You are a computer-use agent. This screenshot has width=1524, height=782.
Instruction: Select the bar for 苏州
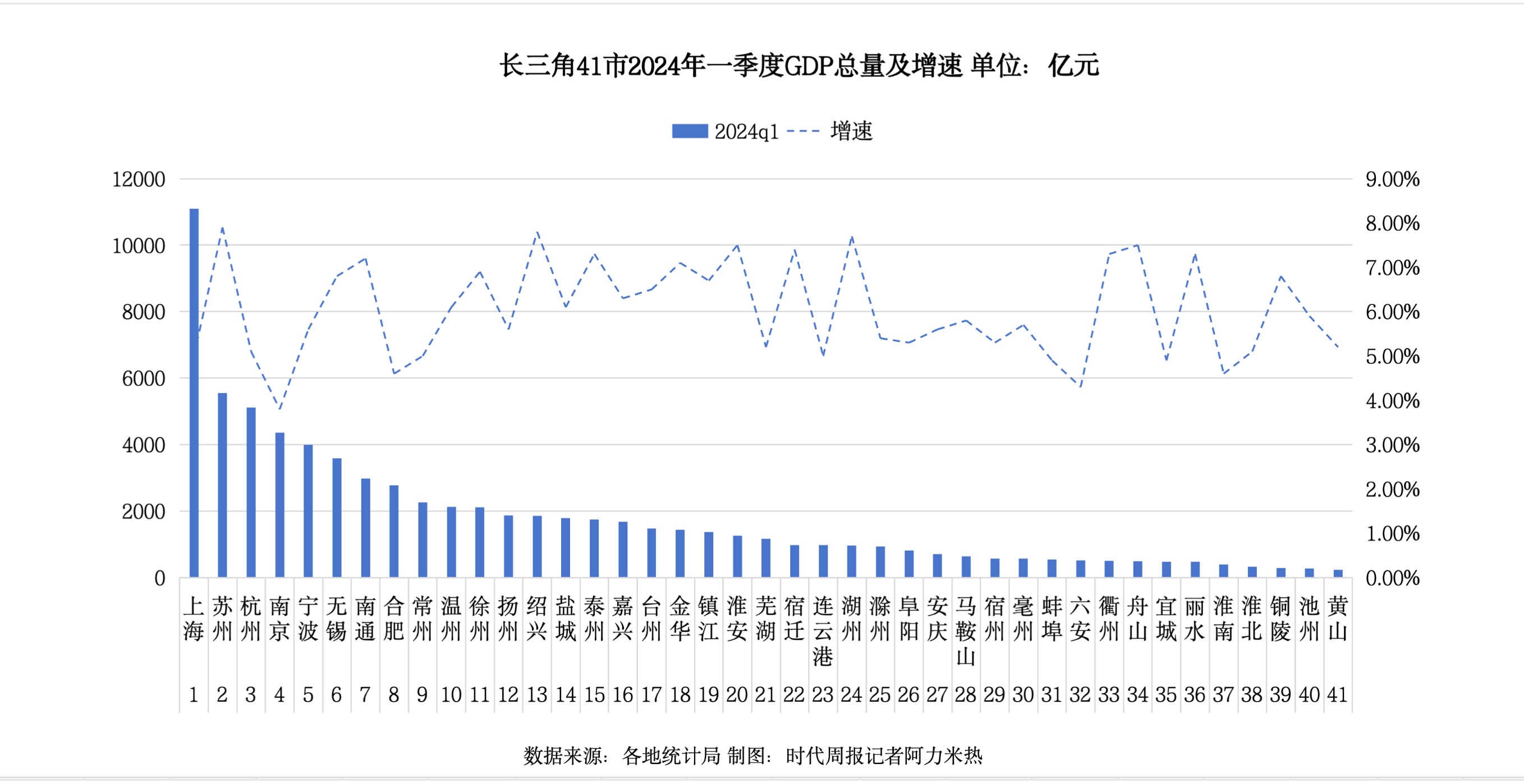tap(222, 485)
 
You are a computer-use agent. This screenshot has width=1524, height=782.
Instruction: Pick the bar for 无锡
tap(337, 518)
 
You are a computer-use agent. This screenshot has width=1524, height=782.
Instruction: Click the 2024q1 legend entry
tap(726, 131)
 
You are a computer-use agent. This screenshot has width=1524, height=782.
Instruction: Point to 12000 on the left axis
tap(139, 180)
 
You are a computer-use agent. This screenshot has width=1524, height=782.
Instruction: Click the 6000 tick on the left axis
tap(143, 379)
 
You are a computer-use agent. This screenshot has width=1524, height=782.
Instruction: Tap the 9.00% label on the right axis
tap(1392, 180)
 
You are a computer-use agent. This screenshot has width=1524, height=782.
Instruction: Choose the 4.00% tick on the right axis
tap(1392, 401)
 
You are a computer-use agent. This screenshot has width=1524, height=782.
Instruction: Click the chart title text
tap(798, 65)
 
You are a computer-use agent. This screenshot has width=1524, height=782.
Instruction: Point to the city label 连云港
tap(823, 631)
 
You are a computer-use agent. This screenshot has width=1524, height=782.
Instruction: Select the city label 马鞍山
tap(966, 631)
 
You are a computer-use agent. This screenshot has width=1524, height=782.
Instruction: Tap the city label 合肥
tap(394, 619)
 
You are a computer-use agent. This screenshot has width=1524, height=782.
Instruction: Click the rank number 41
tap(1337, 694)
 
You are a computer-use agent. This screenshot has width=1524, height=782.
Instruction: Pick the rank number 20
tap(737, 694)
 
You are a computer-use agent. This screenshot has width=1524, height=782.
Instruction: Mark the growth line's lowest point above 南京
tap(280, 409)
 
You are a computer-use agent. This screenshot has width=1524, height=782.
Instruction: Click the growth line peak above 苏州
tap(222, 227)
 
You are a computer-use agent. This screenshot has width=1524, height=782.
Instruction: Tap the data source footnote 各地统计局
tap(671, 756)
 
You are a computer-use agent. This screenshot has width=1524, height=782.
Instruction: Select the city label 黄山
tap(1337, 619)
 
